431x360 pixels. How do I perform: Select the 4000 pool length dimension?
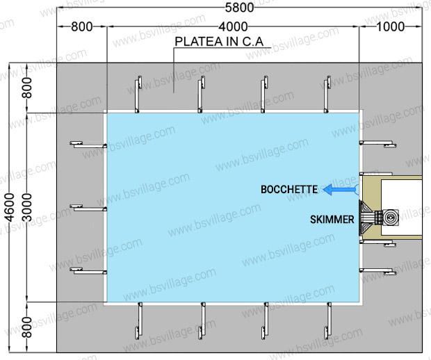pos(234,26)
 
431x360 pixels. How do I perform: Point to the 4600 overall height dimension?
pos(9,206)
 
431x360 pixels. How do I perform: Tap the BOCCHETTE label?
pos(289,189)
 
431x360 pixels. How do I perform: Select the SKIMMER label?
pos(332,220)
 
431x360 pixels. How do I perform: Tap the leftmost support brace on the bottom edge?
pos(140,320)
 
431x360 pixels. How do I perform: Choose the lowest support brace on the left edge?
pos(88,270)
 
